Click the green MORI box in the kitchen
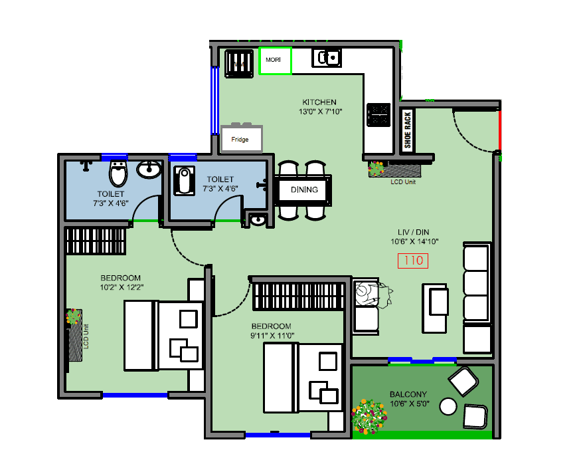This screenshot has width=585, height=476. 274,60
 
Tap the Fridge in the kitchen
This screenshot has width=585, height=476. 241,139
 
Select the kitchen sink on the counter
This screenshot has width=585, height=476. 327,59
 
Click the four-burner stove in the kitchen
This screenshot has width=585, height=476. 378,114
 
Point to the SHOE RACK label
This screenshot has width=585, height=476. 408,130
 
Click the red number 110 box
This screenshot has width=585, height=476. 413,261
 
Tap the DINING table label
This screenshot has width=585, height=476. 304,190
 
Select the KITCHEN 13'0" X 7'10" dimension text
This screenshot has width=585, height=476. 319,107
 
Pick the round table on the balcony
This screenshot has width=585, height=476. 449,406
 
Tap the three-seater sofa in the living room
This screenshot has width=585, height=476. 476,298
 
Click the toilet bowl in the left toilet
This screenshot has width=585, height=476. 118,174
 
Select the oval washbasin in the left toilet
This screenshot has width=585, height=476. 148,170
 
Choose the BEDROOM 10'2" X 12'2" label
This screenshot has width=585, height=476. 121,283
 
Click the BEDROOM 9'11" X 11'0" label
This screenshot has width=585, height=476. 271,331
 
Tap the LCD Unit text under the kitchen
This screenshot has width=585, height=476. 402,181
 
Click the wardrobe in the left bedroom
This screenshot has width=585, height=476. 95,241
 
